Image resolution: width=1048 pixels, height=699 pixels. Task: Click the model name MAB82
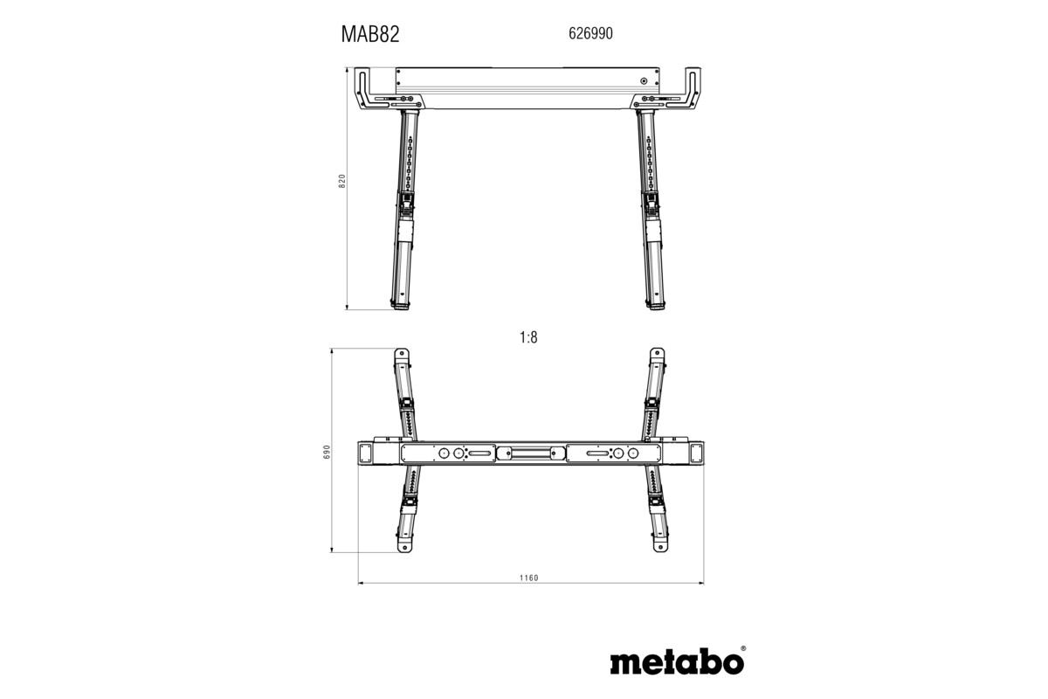[369, 34]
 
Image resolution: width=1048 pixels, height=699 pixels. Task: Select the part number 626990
[591, 34]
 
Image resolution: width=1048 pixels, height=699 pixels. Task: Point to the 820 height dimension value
[342, 181]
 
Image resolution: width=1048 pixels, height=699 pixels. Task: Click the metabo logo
[677, 661]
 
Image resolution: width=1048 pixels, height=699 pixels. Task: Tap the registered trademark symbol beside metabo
[743, 648]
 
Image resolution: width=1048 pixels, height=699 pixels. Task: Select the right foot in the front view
[655, 306]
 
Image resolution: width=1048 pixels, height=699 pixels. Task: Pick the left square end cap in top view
[366, 453]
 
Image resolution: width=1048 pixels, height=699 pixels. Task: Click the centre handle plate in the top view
[530, 453]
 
